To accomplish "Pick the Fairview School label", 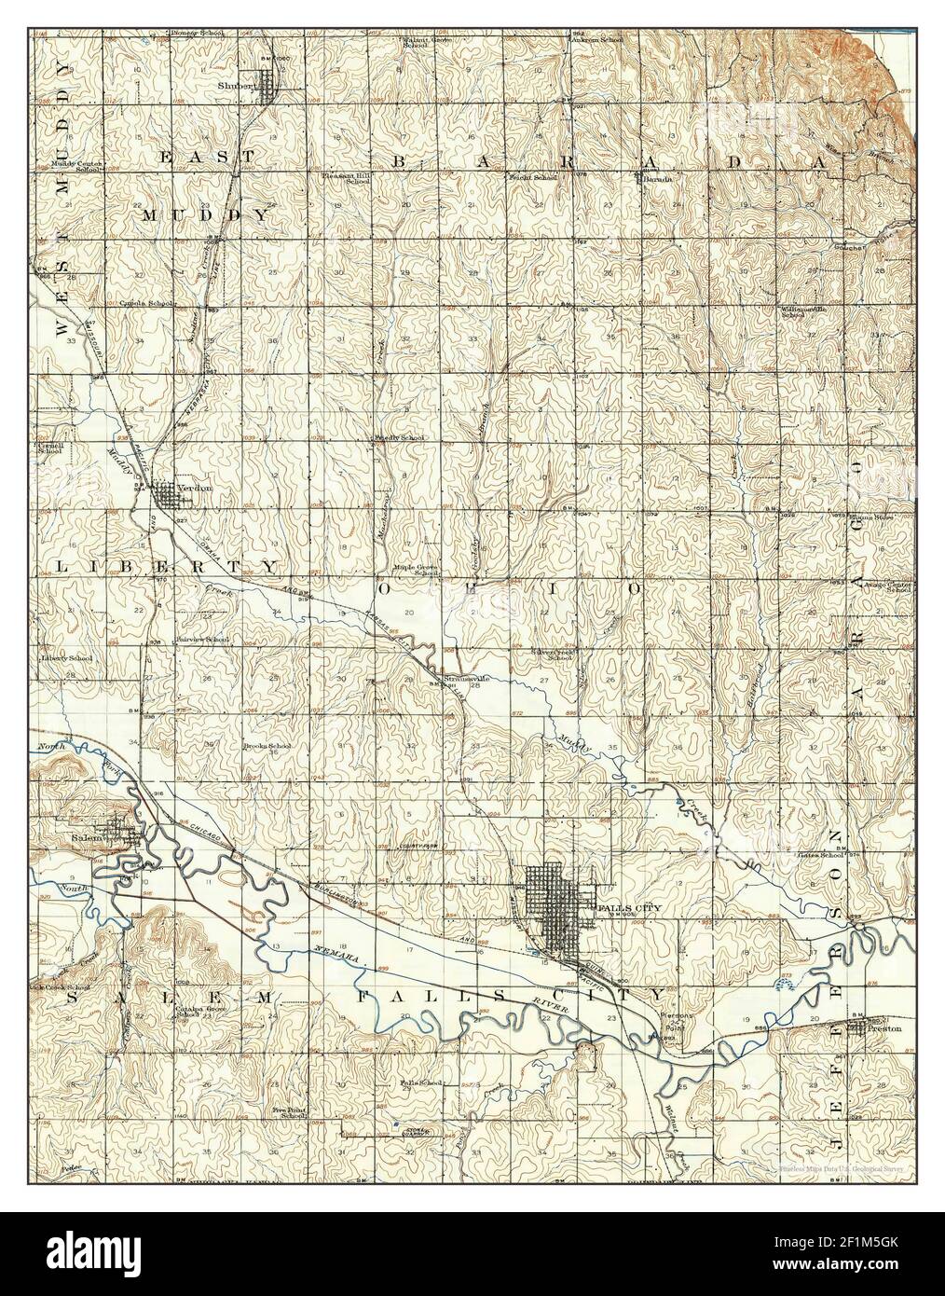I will [x=203, y=640].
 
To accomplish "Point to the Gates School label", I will [x=821, y=854].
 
